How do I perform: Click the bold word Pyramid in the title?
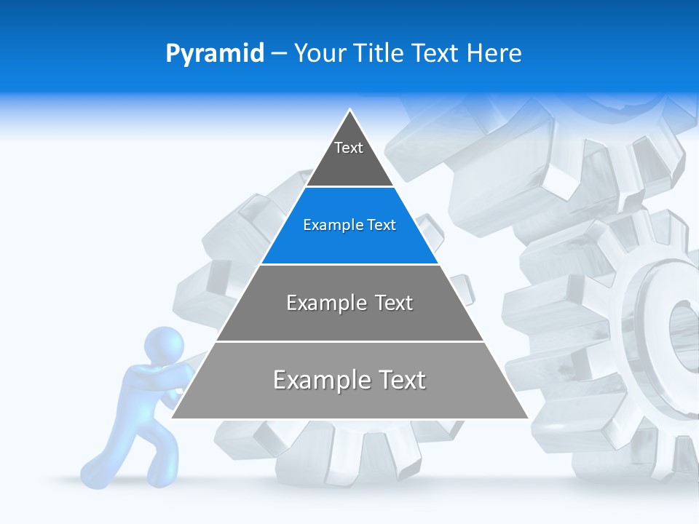215,54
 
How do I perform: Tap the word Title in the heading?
379,54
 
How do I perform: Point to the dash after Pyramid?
278,54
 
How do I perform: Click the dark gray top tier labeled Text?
349,156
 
